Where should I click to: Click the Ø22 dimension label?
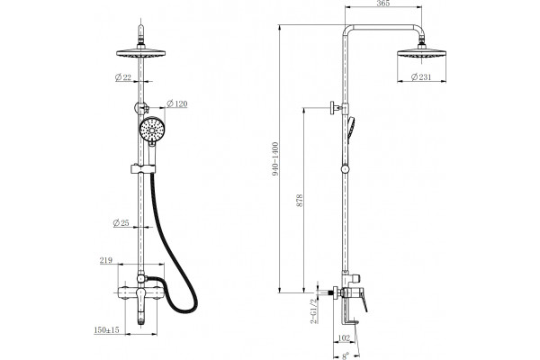[123, 77]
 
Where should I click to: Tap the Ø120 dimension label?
[177, 103]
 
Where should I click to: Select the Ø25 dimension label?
[121, 223]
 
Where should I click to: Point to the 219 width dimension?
[106, 260]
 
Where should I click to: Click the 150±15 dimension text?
[106, 330]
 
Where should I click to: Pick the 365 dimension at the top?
[383, 4]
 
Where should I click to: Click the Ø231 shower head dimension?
[421, 77]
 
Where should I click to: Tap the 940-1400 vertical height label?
[275, 159]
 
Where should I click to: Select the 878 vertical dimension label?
[300, 201]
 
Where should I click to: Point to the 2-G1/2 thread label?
[314, 310]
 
